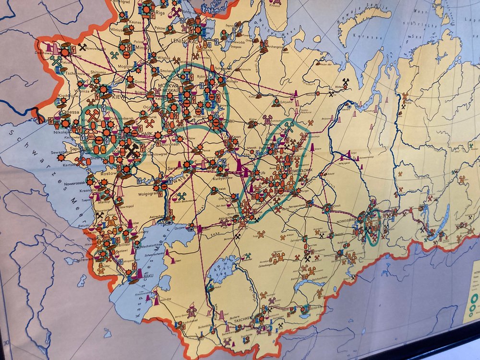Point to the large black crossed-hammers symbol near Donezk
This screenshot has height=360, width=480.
[x=131, y=152]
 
